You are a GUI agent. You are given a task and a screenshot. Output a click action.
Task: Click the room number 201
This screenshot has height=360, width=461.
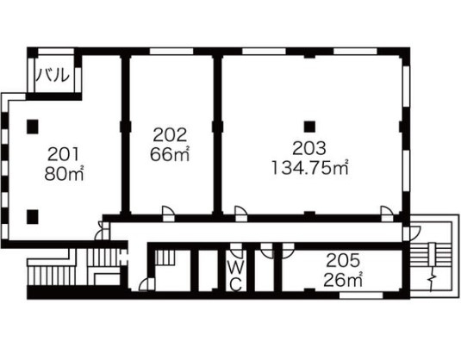point(64,154)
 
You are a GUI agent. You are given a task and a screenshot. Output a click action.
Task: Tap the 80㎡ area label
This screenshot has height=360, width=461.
point(65,174)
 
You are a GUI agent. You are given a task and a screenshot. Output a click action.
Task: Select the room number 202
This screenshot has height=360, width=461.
point(170,135)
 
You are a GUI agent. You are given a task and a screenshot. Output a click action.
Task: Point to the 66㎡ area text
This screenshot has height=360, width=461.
point(170,154)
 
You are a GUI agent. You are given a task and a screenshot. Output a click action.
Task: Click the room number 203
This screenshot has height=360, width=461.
point(309,148)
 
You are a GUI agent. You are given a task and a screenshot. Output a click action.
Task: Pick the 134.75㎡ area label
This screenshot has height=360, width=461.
point(310,168)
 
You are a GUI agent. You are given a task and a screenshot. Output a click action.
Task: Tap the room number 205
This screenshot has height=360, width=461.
point(343,260)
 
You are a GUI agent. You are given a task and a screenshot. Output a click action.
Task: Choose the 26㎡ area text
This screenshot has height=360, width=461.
point(343,280)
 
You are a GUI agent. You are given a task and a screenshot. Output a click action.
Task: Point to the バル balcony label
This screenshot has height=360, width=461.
point(53,75)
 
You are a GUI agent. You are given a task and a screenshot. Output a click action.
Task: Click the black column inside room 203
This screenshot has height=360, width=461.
point(309,127)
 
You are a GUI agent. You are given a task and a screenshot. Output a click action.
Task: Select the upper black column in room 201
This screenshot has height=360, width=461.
point(33,127)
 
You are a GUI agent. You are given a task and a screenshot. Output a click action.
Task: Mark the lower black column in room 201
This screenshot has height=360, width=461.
point(33,217)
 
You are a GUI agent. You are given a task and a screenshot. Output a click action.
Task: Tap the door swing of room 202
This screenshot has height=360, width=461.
point(169,213)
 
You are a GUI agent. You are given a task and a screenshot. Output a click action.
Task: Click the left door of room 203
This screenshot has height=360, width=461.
point(240,213)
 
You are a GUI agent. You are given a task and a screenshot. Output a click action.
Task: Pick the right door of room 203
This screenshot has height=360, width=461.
point(387,213)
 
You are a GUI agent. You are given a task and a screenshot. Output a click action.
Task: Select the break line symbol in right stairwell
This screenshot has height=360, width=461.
point(432,282)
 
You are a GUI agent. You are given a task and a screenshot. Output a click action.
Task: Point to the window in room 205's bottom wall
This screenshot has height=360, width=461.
point(361,295)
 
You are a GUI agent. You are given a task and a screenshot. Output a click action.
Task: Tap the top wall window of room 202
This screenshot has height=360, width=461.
point(171,52)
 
